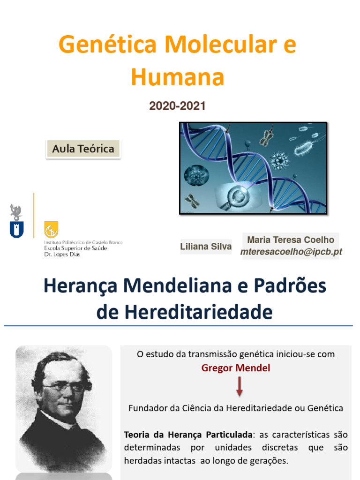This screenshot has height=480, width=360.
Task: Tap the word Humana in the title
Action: [177, 77]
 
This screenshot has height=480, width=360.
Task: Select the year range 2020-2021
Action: [177, 106]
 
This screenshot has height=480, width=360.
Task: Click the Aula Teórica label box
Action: [83, 149]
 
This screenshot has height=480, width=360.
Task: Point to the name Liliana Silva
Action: [206, 247]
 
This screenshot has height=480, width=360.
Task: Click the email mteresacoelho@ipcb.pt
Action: [291, 252]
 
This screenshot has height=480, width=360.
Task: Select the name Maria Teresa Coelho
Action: [291, 240]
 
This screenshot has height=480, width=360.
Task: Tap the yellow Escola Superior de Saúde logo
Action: [51, 230]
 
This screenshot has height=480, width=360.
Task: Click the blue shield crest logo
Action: [16, 229]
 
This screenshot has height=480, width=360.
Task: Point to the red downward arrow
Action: [239, 386]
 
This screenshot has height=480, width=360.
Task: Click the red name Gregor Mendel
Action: [236, 368]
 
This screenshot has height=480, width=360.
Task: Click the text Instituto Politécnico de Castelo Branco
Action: [83, 242]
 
